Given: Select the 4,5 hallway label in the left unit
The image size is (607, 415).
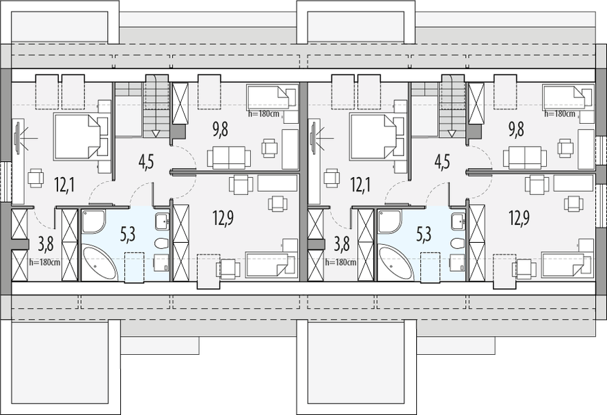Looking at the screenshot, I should click(146, 163).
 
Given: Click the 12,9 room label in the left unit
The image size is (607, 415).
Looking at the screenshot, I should click(223, 219).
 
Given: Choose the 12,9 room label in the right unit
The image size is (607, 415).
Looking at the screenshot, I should click(519, 219).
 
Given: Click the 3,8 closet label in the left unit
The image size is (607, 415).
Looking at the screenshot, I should click(45, 243).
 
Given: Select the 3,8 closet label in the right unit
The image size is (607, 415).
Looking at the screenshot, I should click(342, 243).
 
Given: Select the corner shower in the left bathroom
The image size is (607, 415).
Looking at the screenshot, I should click(93, 221).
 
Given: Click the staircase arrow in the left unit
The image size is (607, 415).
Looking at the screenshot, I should click(156, 133).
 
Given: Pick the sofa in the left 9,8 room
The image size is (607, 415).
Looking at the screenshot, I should click(228, 158).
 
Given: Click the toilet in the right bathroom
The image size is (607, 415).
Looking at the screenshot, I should click(457, 243).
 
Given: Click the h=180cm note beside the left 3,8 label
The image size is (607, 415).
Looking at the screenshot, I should click(45, 262).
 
